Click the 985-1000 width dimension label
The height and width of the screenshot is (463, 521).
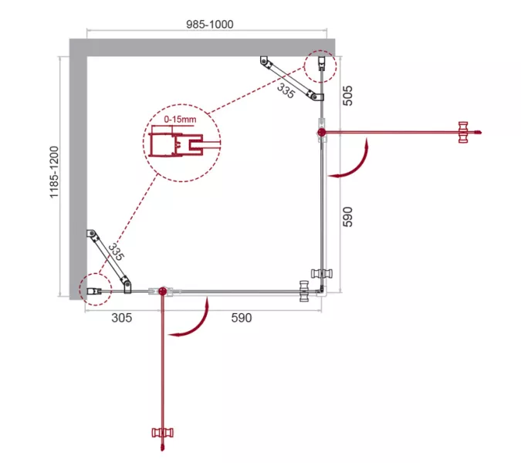(x=210, y=24)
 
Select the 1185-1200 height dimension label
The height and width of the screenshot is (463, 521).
(x=54, y=172)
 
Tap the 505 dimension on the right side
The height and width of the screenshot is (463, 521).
(x=347, y=96)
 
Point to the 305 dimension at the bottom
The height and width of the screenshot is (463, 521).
(x=122, y=318)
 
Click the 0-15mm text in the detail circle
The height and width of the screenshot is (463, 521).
(x=180, y=120)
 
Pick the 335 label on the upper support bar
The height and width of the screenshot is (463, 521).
(x=286, y=91)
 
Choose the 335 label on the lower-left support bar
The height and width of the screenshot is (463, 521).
(x=116, y=252)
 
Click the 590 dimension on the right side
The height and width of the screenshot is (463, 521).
(x=347, y=217)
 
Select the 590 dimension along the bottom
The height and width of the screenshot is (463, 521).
(x=242, y=318)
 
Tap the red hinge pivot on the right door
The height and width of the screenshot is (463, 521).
(x=321, y=133)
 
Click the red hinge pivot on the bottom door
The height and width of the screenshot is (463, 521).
(x=163, y=291)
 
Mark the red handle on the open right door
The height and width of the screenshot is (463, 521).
(x=463, y=132)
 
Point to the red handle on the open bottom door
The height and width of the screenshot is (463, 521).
(x=163, y=432)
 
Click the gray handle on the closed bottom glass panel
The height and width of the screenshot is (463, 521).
(x=304, y=291)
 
